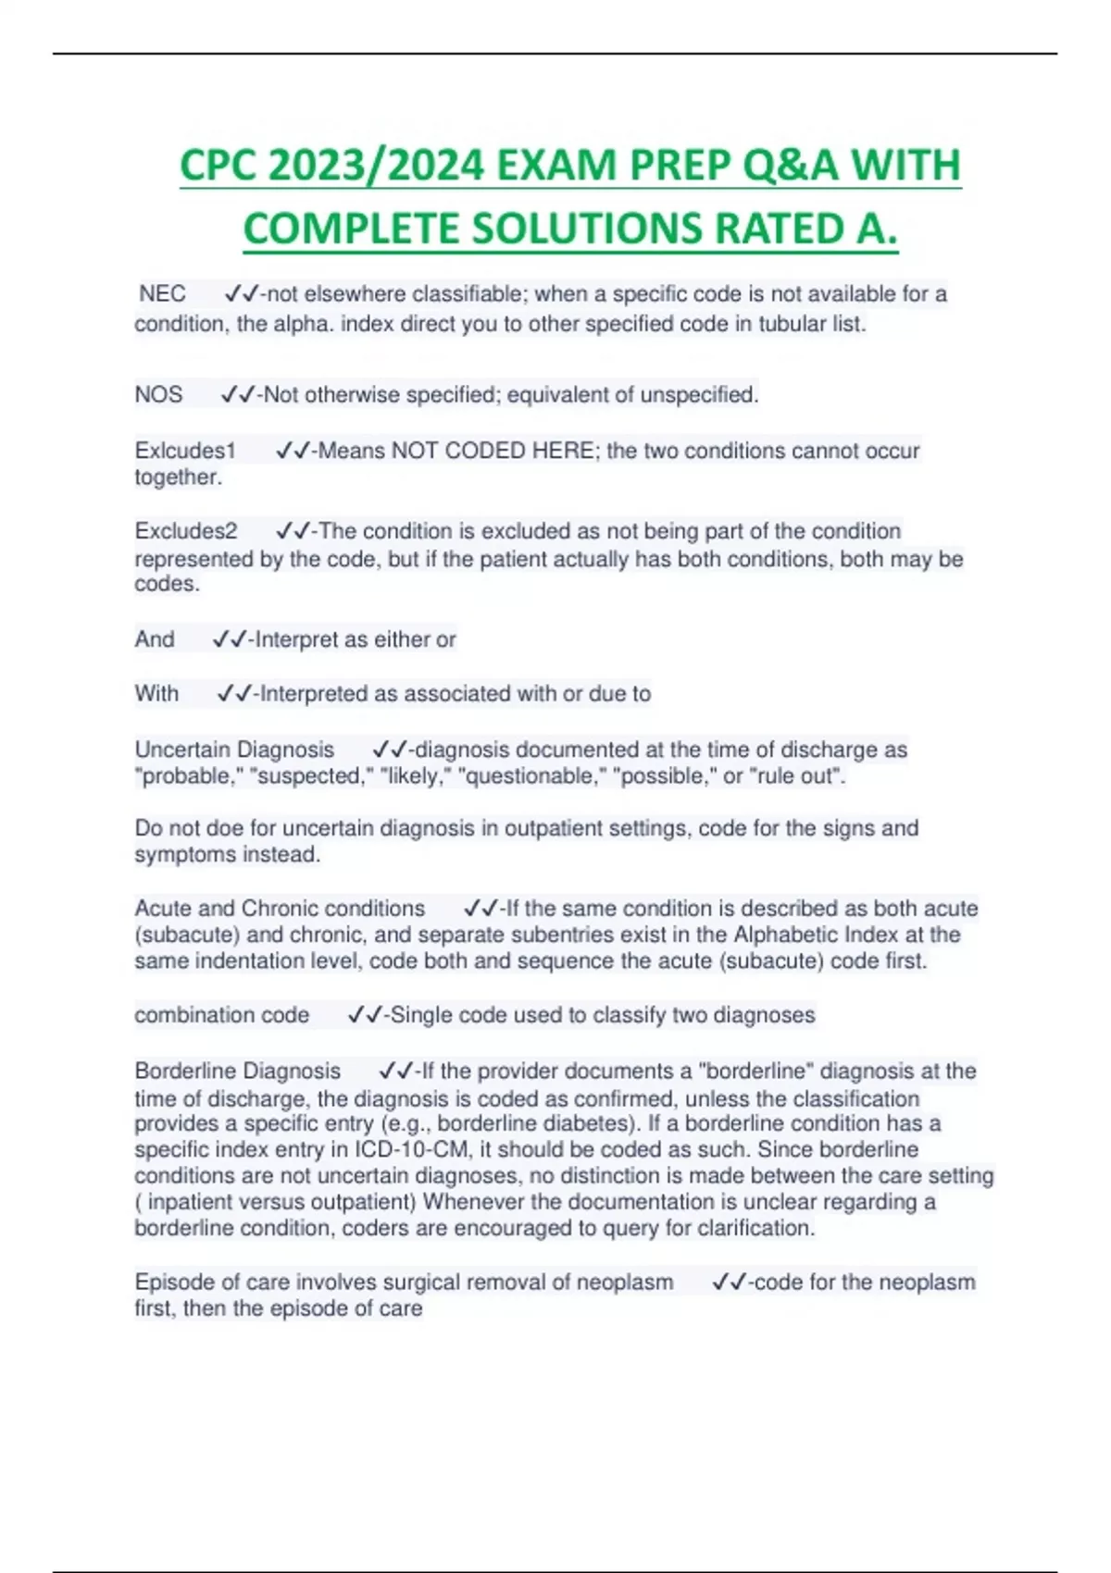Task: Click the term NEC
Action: pyautogui.click(x=162, y=294)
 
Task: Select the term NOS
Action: pyautogui.click(x=158, y=395)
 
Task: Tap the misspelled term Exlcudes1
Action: pyautogui.click(x=185, y=451)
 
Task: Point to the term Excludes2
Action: pyautogui.click(x=186, y=531)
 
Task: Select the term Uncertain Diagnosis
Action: pyautogui.click(x=234, y=749)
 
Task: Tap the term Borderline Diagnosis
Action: pyautogui.click(x=238, y=1071)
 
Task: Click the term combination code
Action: pyautogui.click(x=222, y=1015)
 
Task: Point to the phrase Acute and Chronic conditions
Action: pyautogui.click(x=280, y=909)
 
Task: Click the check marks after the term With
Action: pyautogui.click(x=233, y=694)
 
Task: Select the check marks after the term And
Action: pyautogui.click(x=229, y=639)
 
